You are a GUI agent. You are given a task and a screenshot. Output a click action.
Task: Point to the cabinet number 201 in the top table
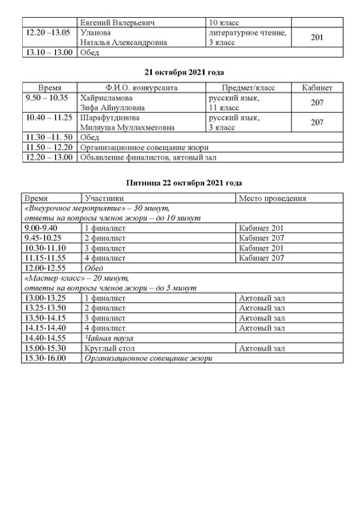tap(318, 37)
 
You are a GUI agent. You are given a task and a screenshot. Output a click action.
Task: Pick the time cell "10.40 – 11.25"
tap(48, 119)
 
